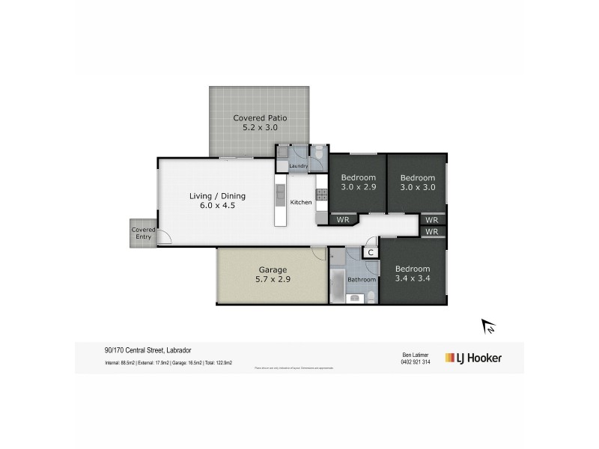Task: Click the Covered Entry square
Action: (x=142, y=233)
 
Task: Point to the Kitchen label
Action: (x=300, y=202)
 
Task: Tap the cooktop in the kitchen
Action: (x=321, y=195)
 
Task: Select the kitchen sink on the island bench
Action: (x=281, y=196)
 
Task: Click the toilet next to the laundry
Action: (x=319, y=155)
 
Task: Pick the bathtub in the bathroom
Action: (x=336, y=285)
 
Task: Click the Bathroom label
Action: (x=361, y=280)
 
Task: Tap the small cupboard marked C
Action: (x=371, y=253)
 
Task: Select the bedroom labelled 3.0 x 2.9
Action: (x=358, y=183)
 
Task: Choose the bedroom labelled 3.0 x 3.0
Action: (x=417, y=183)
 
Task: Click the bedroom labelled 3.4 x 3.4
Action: (x=413, y=274)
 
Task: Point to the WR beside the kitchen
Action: (x=344, y=220)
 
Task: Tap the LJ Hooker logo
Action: (x=474, y=358)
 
